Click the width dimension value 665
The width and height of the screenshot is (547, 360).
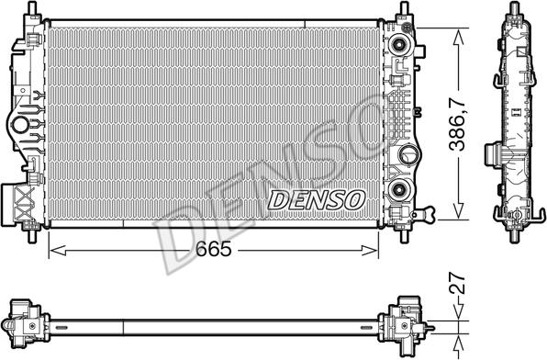pos(213,249)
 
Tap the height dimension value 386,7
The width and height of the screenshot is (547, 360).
pos(458,125)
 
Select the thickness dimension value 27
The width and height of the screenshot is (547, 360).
pos(457,283)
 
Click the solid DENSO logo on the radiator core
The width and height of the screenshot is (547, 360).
pos(317,200)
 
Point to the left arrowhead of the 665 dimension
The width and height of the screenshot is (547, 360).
pos(58,250)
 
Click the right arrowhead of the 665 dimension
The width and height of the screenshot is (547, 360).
pos(370,250)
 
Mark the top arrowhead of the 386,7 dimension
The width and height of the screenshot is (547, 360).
pos(458,37)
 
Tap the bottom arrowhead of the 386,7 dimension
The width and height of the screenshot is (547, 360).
pos(458,211)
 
